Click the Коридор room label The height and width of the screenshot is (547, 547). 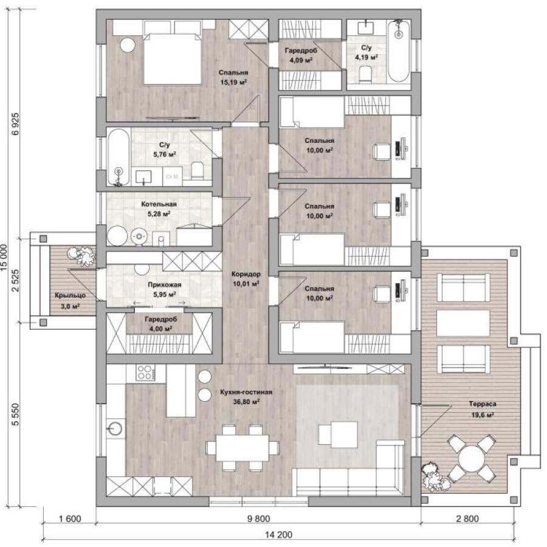[x=246, y=274]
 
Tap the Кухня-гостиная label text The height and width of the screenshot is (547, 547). [x=246, y=392]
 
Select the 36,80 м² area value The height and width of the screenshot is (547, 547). [x=246, y=402]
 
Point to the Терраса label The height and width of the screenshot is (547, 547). [x=483, y=404]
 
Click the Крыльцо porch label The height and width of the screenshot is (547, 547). [x=70, y=295]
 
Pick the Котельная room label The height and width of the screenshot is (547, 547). [x=159, y=204]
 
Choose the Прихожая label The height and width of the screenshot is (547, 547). [x=164, y=284]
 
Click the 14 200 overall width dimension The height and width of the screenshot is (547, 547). [x=278, y=534]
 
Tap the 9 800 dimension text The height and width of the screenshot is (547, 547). [x=258, y=519]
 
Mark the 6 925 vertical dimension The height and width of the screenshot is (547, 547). [x=16, y=124]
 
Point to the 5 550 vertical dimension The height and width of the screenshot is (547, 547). [x=16, y=415]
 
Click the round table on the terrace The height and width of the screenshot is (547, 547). [x=472, y=458]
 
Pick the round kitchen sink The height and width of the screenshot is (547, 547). [x=115, y=429]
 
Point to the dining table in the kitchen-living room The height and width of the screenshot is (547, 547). [x=242, y=448]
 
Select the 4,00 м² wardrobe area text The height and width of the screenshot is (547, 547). [x=160, y=329]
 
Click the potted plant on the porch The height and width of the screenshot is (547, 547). [x=82, y=256]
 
